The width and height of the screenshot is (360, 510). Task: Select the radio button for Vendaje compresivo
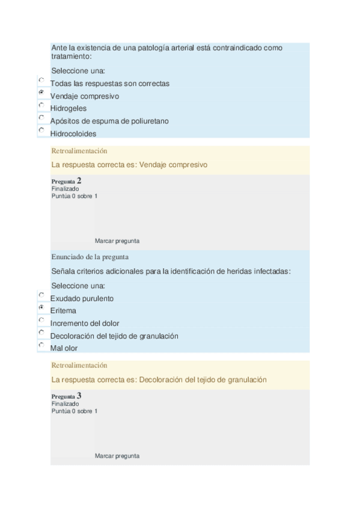click(x=41, y=93)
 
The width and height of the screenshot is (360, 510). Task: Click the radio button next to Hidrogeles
click(x=41, y=105)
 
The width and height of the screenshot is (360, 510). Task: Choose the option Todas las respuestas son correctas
click(x=41, y=80)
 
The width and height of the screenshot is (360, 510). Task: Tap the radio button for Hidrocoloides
click(x=41, y=130)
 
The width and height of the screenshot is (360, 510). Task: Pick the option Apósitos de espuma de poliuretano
click(x=41, y=118)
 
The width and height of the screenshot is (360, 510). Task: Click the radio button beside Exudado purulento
click(x=41, y=295)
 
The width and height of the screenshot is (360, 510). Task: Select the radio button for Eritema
click(x=41, y=307)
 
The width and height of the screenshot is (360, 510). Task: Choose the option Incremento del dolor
click(x=41, y=320)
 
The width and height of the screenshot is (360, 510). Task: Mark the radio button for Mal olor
click(x=41, y=345)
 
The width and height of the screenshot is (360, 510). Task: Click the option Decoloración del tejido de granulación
click(x=41, y=333)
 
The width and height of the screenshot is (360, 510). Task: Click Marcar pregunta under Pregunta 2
click(x=117, y=241)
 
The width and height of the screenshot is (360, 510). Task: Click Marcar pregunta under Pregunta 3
click(x=117, y=456)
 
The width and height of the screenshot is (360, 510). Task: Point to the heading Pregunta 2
click(x=67, y=180)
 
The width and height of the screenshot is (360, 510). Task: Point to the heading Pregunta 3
click(x=67, y=396)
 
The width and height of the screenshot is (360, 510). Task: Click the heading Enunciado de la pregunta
click(x=90, y=257)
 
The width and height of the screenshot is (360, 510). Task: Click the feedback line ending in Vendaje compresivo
click(x=129, y=164)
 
